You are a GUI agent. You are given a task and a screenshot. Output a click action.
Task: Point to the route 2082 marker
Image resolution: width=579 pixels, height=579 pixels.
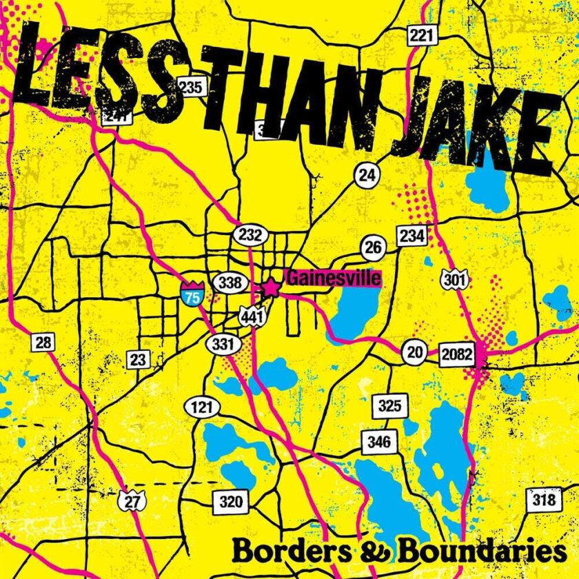[457, 355]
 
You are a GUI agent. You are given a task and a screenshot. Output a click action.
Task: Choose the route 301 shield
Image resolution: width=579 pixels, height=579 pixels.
[454, 280]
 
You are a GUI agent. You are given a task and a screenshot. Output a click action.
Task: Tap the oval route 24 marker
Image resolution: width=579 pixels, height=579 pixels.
[367, 175]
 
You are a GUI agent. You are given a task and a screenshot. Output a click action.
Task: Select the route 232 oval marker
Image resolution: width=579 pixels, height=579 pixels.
[250, 234]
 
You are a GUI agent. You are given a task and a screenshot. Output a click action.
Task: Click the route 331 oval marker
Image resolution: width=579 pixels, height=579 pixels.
[224, 343]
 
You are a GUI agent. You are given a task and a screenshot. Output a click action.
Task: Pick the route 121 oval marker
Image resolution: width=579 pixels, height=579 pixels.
[202, 407]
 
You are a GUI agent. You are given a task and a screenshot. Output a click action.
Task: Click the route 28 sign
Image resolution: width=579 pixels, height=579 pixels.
[43, 343]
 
